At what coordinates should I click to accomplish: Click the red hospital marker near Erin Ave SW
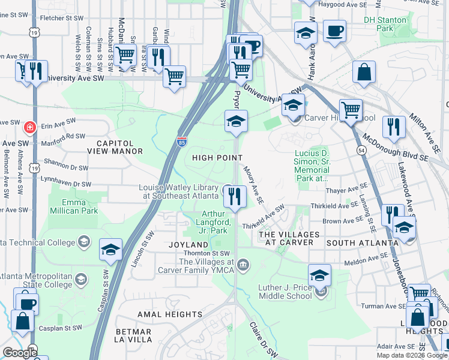pyautogui.click(x=29, y=127)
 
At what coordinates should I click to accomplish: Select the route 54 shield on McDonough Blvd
pyautogui.click(x=361, y=149)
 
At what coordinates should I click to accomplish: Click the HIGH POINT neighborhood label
pyautogui.click(x=217, y=158)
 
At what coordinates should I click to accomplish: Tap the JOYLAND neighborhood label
pyautogui.click(x=188, y=245)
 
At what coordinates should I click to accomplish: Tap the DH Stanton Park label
pyautogui.click(x=385, y=24)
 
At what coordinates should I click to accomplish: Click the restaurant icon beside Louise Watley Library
pyautogui.click(x=235, y=195)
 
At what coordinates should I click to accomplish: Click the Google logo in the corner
pyautogui.click(x=19, y=353)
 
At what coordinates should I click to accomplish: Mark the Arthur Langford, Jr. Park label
pyautogui.click(x=214, y=222)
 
